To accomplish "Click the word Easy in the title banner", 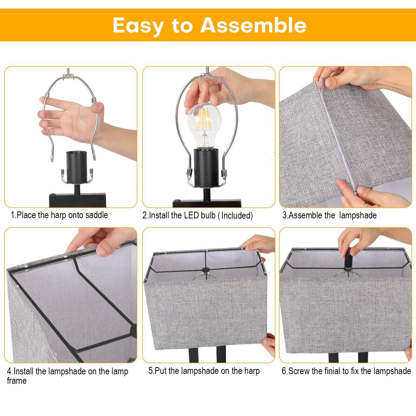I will click(138, 25).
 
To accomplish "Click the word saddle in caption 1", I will click(97, 215).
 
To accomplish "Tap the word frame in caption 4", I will click(17, 381).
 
